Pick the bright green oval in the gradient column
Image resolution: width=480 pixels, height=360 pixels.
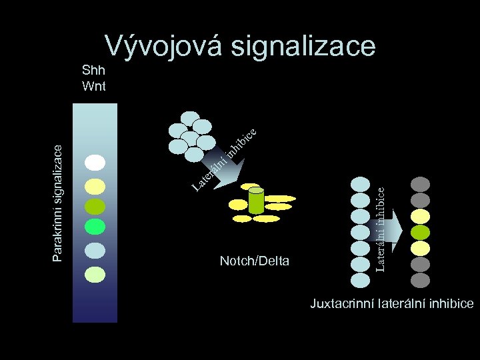[x=95, y=227]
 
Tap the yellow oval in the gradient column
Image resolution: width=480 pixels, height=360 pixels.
[x=95, y=185]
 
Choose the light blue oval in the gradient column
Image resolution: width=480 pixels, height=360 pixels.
[x=95, y=249]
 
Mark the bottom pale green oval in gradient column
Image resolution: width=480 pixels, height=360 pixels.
[x=95, y=273]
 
